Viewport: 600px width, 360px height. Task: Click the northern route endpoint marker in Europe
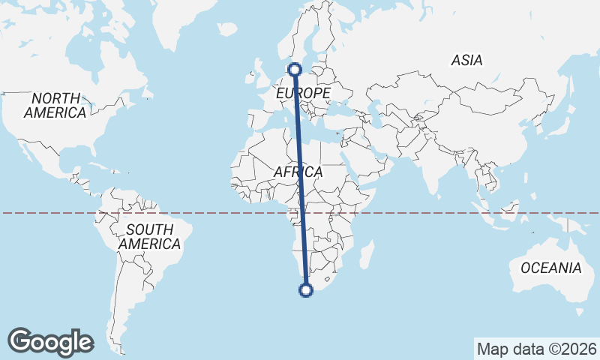tap(294, 70)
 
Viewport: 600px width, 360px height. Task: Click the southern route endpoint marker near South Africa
tap(305, 290)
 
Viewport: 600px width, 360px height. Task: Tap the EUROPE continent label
tap(303, 93)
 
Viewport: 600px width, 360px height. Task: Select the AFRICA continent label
tap(298, 172)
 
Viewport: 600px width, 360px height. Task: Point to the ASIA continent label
tap(466, 61)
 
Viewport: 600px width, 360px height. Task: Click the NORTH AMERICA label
tap(55, 106)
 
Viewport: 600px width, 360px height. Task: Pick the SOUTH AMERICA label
tap(149, 236)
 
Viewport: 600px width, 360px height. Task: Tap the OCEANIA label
tap(551, 268)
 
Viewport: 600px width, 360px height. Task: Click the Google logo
tap(50, 342)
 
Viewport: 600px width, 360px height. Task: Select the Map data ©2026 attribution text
tap(536, 349)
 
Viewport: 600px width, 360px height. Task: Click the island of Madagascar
tap(367, 253)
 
